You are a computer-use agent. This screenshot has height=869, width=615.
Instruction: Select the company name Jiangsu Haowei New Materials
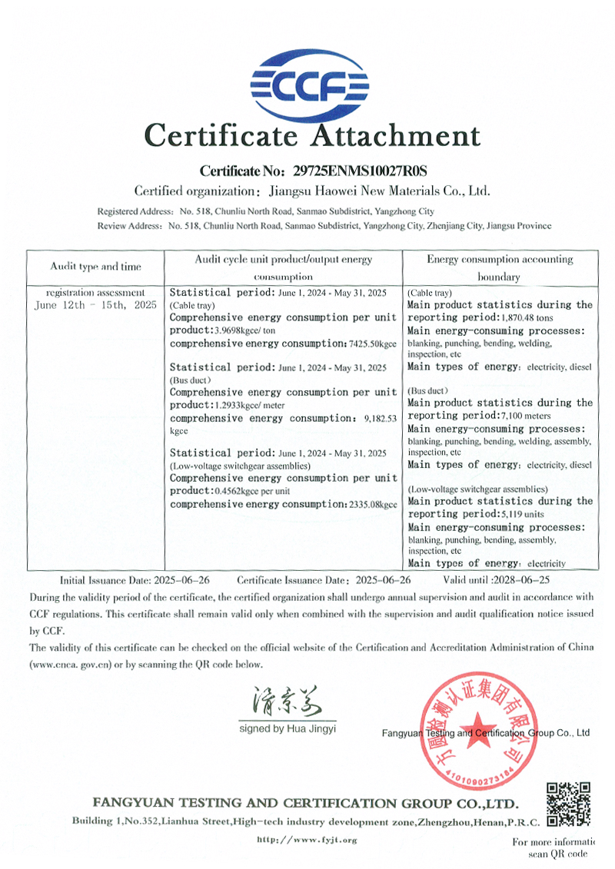pyautogui.click(x=377, y=191)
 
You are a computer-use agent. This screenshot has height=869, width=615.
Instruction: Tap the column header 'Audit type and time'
pyautogui.click(x=96, y=267)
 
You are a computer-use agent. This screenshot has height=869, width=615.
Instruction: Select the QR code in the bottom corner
pyautogui.click(x=568, y=804)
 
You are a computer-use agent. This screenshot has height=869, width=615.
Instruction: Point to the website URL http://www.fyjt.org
pyautogui.click(x=307, y=840)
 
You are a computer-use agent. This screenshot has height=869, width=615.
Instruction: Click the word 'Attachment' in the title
pyautogui.click(x=394, y=136)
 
